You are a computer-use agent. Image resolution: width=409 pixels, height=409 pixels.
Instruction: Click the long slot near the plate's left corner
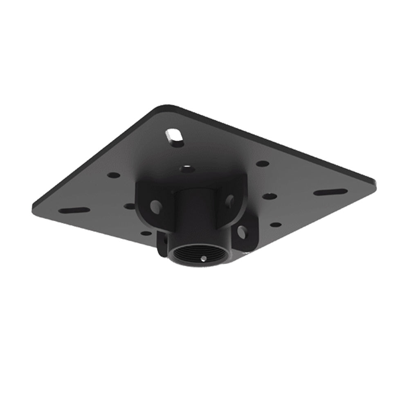tap(74, 210)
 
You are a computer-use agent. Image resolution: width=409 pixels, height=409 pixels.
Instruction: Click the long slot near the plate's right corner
tap(330, 192)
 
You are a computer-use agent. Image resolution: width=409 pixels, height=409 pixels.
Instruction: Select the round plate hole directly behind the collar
tap(187, 169)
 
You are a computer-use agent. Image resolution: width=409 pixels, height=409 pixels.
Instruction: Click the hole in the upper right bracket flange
tap(230, 200)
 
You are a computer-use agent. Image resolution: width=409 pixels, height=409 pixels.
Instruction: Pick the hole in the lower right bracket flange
tap(242, 232)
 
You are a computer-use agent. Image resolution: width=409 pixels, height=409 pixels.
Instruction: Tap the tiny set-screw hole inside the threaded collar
tap(203, 258)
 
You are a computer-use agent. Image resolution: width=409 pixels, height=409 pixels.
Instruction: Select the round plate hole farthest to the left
tap(114, 175)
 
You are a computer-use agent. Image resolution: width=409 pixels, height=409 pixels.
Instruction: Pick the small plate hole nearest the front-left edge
tap(146, 233)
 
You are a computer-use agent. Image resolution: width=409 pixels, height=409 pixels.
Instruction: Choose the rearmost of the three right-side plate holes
tap(262, 164)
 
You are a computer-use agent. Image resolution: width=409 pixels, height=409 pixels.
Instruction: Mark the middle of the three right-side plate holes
tap(270, 196)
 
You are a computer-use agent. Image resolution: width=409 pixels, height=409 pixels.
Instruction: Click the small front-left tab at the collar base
tap(163, 243)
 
